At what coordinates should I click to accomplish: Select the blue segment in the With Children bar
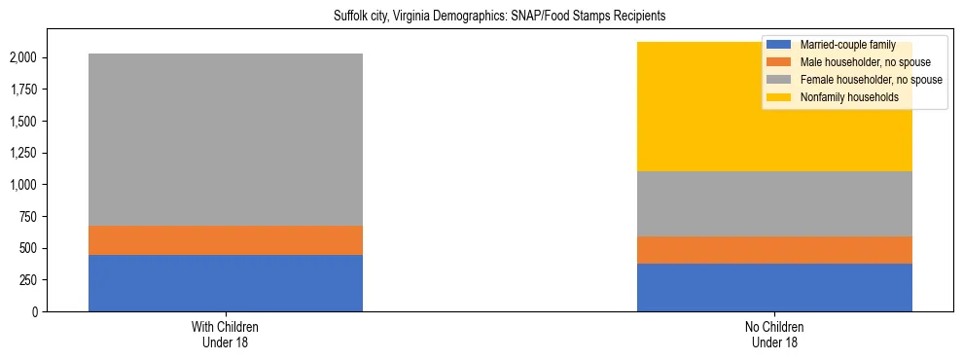pos(226,283)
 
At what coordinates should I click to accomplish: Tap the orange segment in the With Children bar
pos(226,240)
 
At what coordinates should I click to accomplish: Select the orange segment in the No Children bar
pos(774,250)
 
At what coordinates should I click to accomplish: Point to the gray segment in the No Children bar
pos(774,203)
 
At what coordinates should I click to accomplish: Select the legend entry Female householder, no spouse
pos(870,80)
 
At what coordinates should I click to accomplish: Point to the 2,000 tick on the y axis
pos(23,58)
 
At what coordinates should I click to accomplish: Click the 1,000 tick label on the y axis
pos(23,185)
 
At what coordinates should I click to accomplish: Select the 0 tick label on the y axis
pos(36,312)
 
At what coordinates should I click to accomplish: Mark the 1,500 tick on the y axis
pos(23,122)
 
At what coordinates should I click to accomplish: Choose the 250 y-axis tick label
pos(28,280)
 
